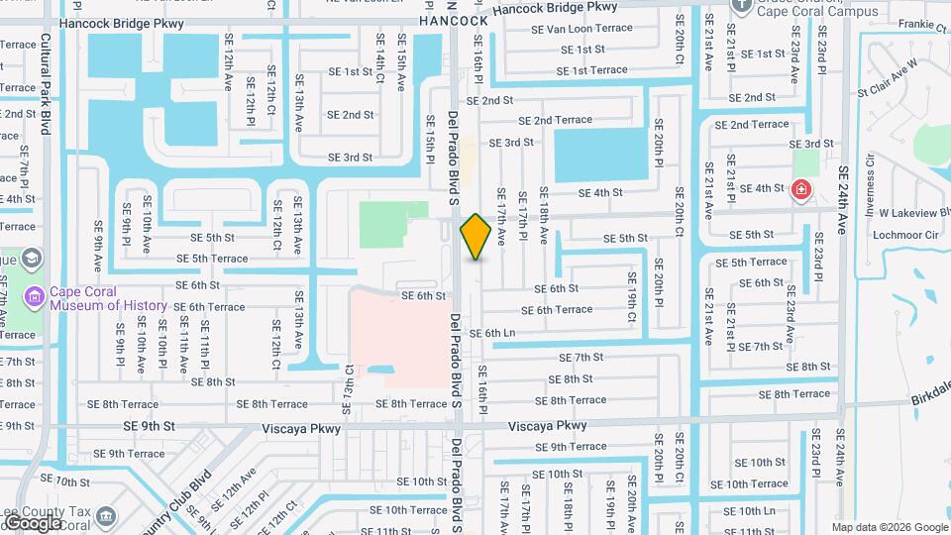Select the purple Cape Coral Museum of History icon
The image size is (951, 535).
click(x=35, y=297)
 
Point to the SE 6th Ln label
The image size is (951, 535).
click(x=492, y=334)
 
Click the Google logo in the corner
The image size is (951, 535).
click(x=34, y=522)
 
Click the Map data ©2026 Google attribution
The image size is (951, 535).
click(x=890, y=527)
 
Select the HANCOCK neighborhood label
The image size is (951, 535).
click(x=454, y=20)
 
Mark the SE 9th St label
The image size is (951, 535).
click(x=149, y=426)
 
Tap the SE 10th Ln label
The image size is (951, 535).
click(x=750, y=510)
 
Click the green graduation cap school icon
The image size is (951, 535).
click(x=32, y=260)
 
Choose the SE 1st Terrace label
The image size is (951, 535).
click(x=592, y=70)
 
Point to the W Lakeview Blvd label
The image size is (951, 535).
click(x=904, y=212)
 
